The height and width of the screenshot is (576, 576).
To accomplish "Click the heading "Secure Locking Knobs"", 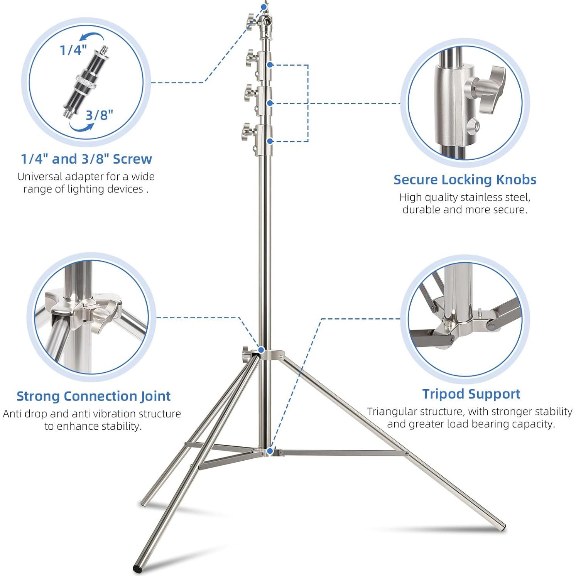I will point(465,179).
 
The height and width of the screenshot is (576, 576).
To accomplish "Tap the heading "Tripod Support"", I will point(471,394).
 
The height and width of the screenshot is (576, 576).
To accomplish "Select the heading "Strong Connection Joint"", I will point(93,396).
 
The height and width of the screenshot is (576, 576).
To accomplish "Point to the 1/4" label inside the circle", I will point(73,50).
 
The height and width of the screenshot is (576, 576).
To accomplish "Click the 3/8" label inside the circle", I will point(99,115).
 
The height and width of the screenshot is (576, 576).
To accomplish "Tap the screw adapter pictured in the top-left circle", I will point(86,81).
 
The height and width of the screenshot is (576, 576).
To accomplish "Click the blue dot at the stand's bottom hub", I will point(270,451).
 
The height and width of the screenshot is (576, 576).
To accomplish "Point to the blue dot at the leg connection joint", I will point(261,350).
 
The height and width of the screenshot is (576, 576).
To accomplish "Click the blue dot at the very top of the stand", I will point(264,7).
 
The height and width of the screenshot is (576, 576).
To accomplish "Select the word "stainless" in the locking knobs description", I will point(482,197).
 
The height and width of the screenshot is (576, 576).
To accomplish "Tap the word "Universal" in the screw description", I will point(40,177).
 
